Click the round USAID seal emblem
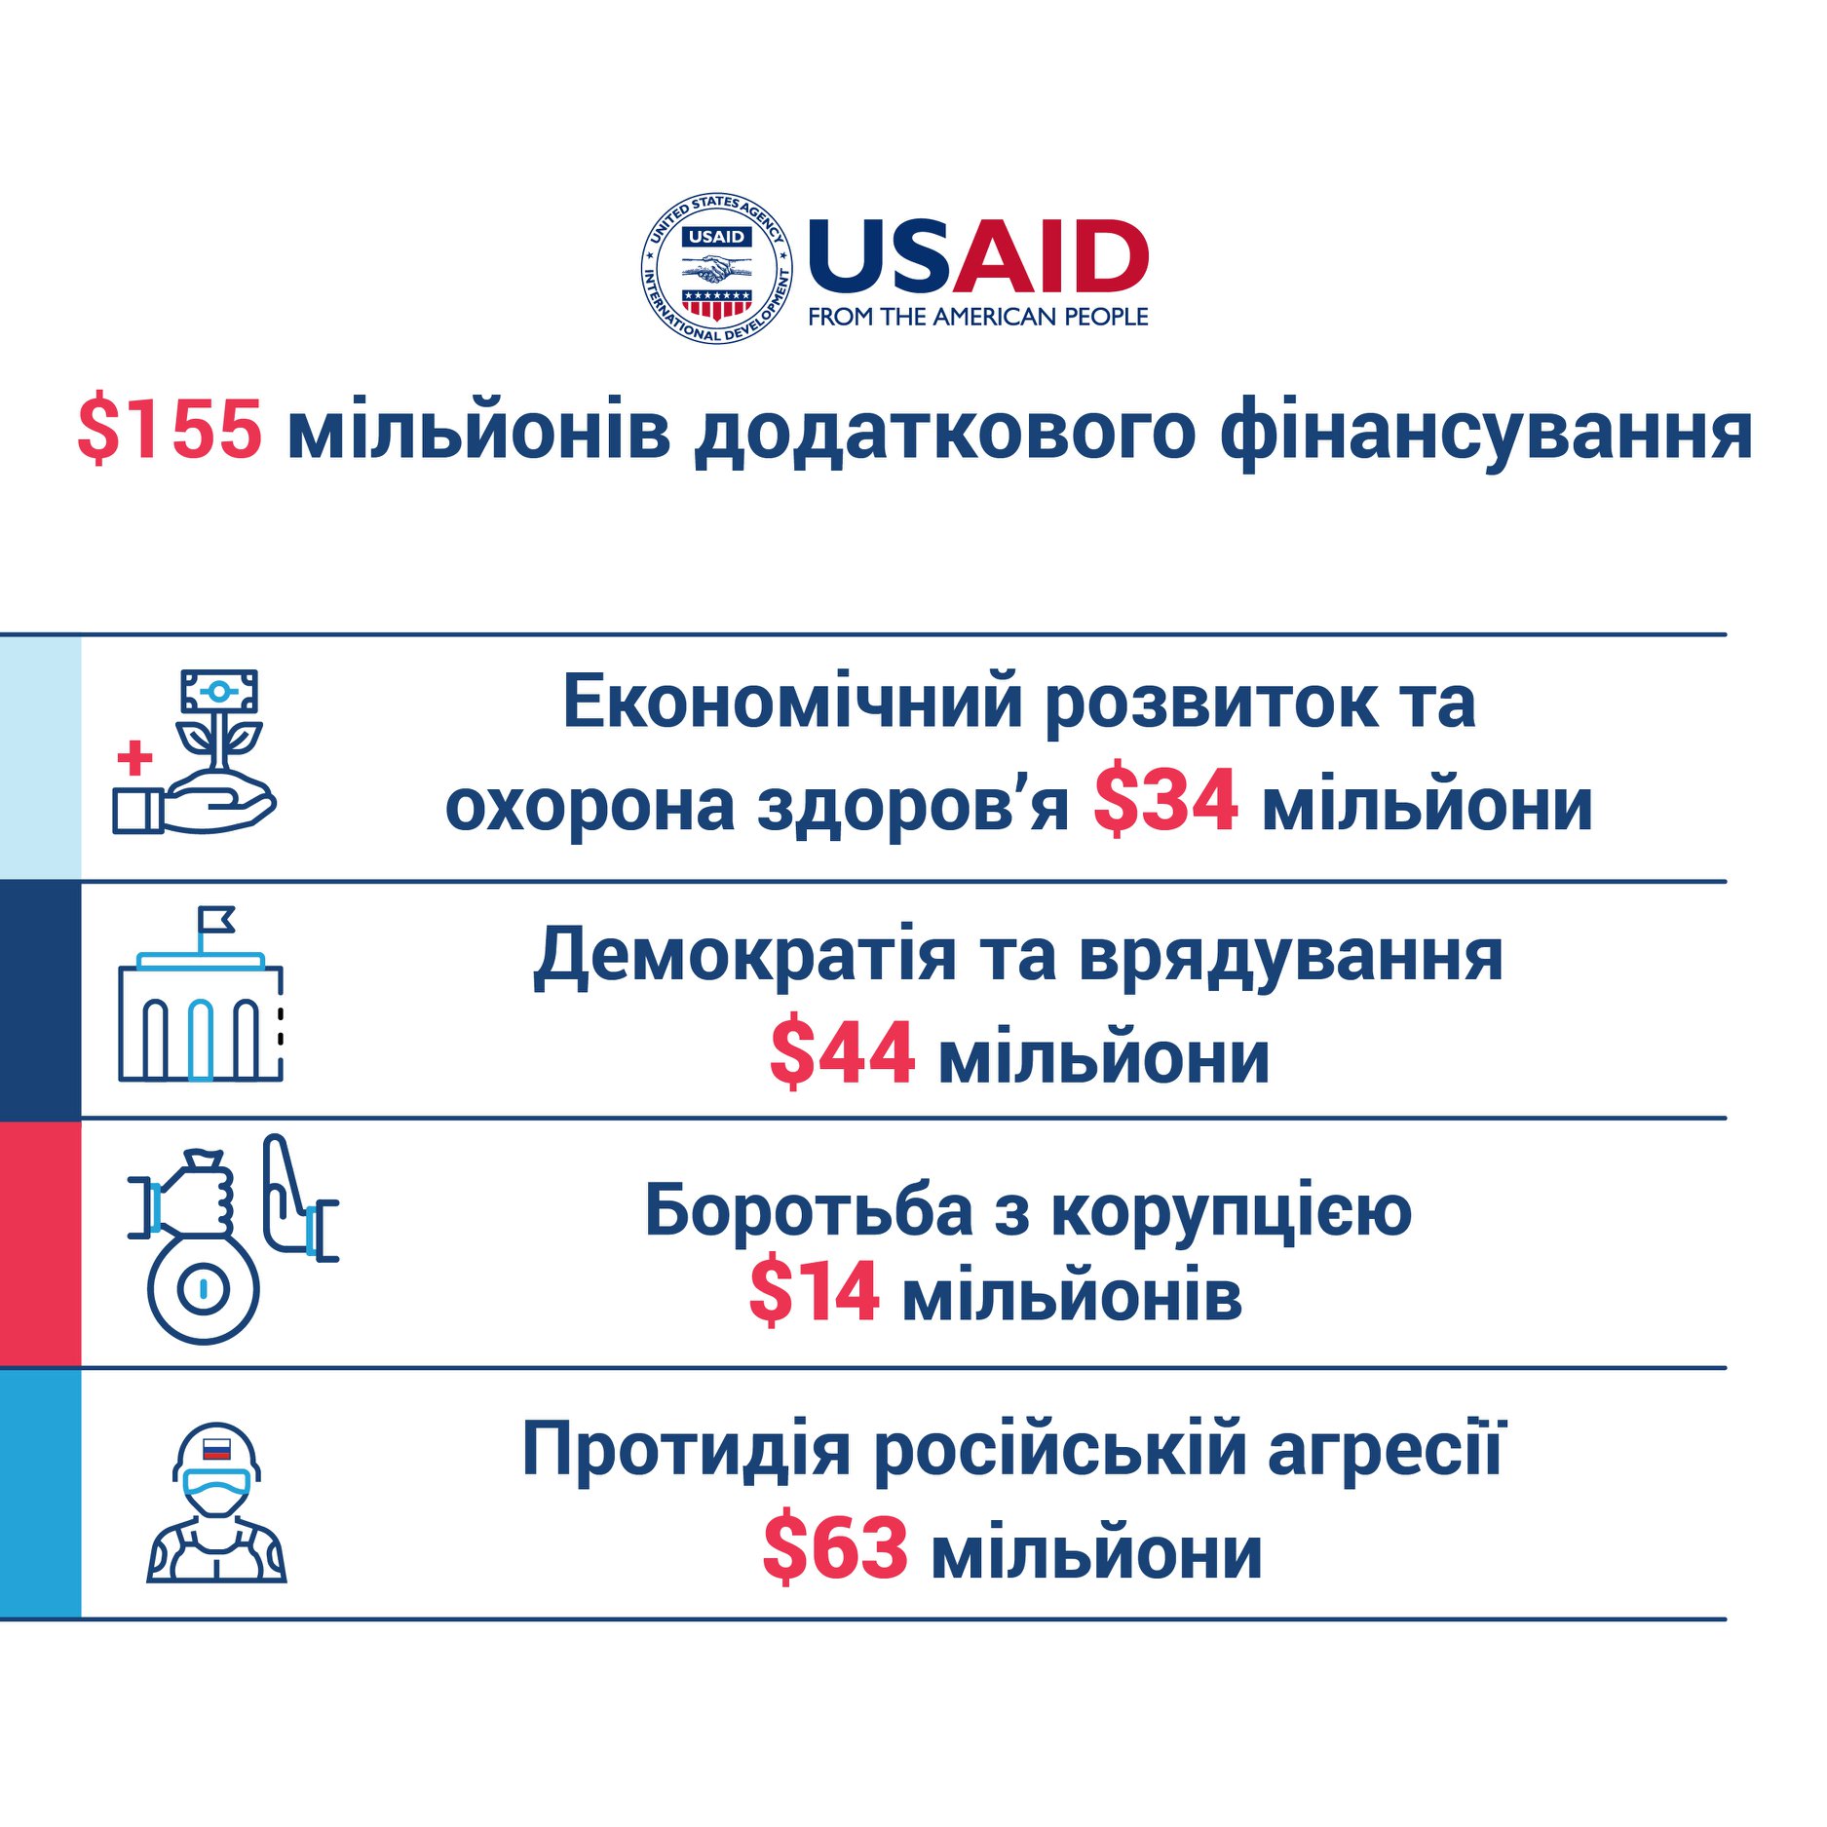point(716,268)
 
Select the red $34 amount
point(1165,802)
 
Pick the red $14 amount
point(814,1292)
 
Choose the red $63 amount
point(835,1547)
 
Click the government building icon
point(201,1018)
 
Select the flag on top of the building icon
point(215,919)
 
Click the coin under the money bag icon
point(203,1288)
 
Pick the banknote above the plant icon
point(219,691)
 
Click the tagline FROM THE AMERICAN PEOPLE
point(977,317)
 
